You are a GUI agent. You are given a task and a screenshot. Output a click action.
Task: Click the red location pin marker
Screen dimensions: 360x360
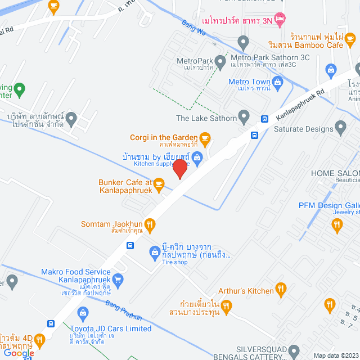(x=179, y=168)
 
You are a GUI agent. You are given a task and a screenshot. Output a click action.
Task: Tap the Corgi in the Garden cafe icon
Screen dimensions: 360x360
(x=205, y=137)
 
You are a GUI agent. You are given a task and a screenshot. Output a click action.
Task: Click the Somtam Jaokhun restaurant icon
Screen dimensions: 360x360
(x=149, y=223)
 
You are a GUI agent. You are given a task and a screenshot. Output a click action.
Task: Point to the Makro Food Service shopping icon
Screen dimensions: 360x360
(x=118, y=278)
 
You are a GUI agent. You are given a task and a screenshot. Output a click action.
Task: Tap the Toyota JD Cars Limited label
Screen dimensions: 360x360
(x=110, y=328)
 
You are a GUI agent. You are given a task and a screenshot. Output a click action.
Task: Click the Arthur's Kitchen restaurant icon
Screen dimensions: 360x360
(x=281, y=290)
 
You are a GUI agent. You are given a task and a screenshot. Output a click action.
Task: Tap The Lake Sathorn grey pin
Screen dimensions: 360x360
(x=244, y=118)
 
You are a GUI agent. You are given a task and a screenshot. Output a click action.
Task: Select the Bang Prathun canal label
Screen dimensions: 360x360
(x=124, y=310)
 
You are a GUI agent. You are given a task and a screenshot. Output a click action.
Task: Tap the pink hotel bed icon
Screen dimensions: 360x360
(x=280, y=20)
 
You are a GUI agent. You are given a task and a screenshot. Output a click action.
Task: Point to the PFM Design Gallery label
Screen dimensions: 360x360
(x=329, y=205)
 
